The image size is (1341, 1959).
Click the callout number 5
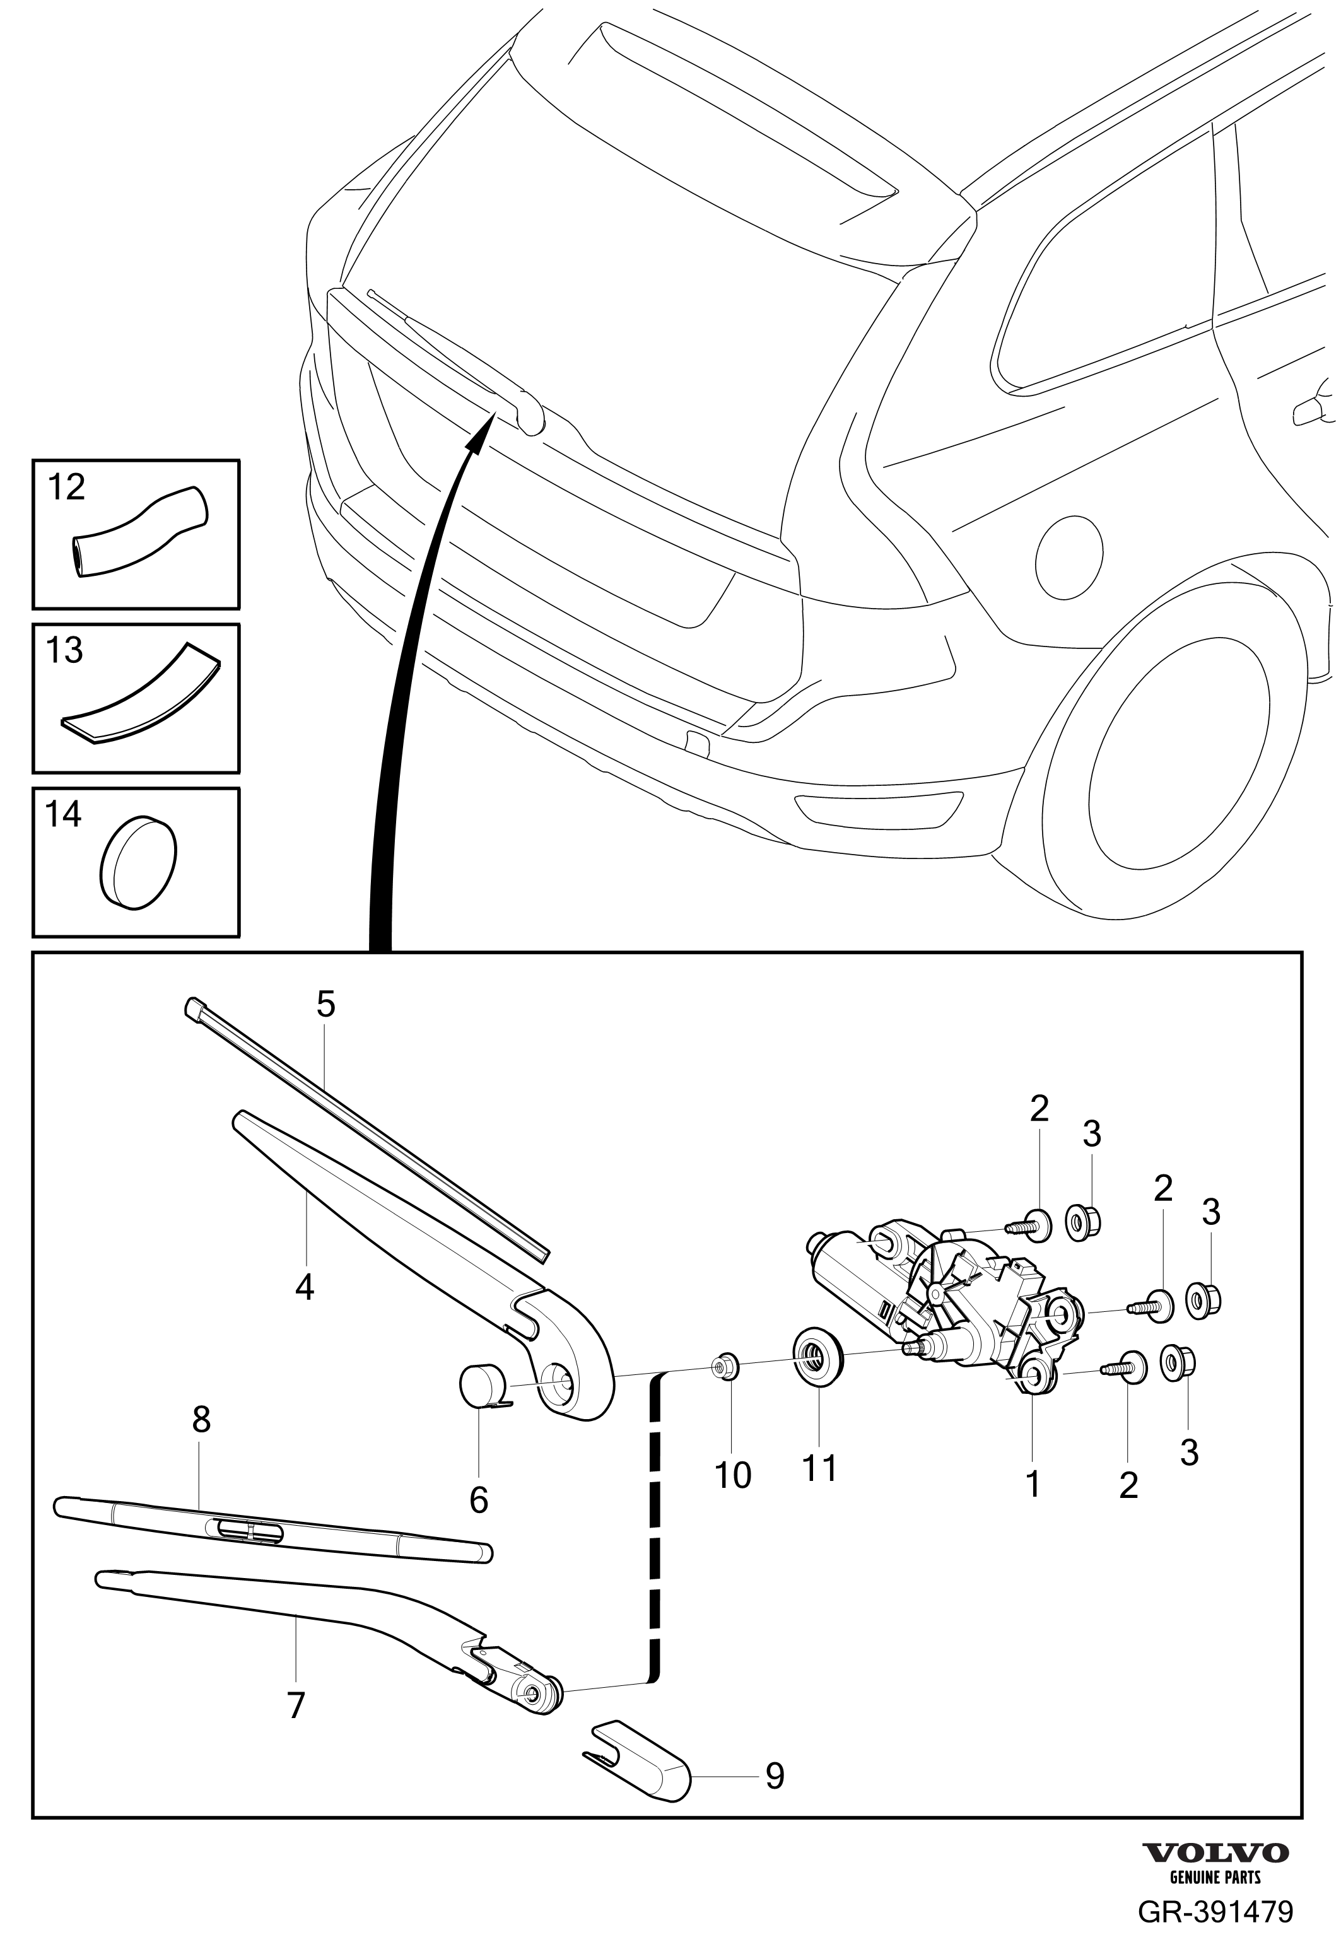point(325,1004)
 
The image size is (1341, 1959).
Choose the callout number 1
point(1033,1483)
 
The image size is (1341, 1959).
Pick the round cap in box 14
point(138,862)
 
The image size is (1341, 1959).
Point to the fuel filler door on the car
point(1068,556)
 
